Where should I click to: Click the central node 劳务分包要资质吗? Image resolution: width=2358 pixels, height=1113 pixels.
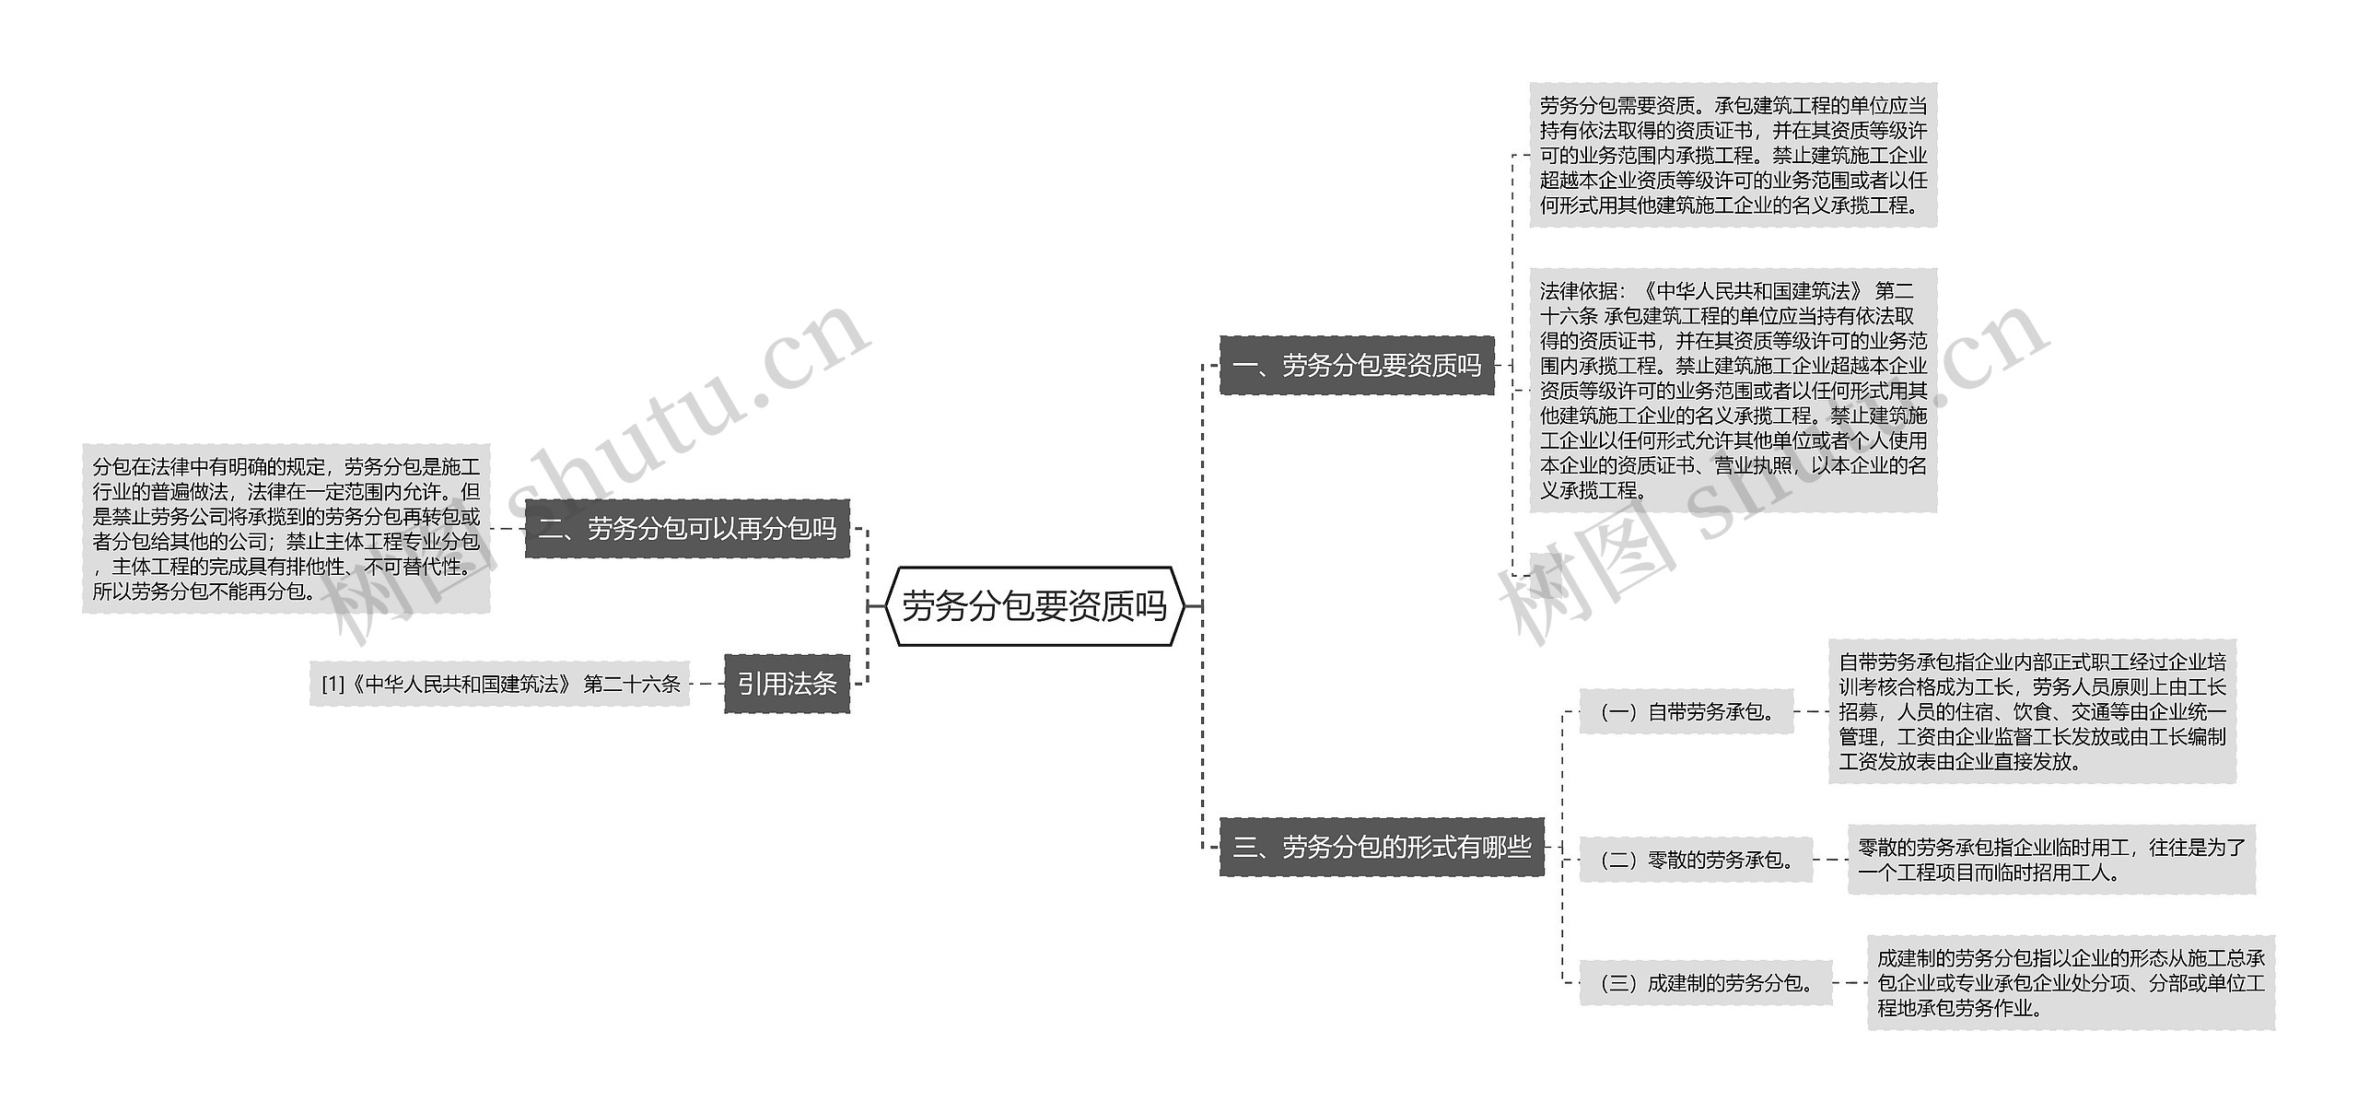[x=1033, y=606]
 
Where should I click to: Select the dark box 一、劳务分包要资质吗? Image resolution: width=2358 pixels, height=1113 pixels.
[x=1356, y=366]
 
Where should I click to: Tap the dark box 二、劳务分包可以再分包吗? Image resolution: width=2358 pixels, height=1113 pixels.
[x=687, y=529]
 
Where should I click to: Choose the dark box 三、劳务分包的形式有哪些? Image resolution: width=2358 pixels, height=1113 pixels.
[x=1381, y=847]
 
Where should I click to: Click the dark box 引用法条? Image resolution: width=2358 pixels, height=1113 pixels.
[x=787, y=684]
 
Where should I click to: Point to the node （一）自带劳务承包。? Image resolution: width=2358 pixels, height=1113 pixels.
[x=1686, y=711]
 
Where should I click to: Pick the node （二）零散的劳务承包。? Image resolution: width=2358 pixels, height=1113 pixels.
[x=1696, y=860]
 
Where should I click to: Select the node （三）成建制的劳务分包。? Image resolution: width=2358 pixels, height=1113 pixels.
[x=1706, y=983]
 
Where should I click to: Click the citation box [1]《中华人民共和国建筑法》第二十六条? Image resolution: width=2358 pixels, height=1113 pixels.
[x=499, y=685]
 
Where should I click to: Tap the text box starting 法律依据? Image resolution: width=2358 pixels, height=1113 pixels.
[x=1733, y=391]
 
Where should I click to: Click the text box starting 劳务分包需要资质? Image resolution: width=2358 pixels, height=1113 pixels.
[x=1733, y=155]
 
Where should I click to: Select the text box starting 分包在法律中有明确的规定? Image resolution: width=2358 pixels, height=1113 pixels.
[x=286, y=529]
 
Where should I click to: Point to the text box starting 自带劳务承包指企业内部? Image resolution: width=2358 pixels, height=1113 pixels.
[x=2031, y=711]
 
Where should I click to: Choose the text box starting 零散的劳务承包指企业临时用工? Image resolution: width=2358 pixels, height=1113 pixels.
[x=2050, y=860]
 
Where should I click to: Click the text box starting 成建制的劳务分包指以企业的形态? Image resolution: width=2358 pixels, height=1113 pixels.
[x=2070, y=983]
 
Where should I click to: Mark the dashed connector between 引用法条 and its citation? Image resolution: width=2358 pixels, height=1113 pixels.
[x=706, y=685]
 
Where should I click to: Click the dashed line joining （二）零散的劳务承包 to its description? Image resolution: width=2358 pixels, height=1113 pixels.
[x=1830, y=860]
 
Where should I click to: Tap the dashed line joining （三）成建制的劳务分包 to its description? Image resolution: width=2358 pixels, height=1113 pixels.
[x=1850, y=983]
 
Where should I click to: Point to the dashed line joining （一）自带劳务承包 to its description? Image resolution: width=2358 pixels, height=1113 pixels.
[x=1811, y=711]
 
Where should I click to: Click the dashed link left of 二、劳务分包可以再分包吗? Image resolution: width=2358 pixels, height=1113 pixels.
[x=508, y=529]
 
